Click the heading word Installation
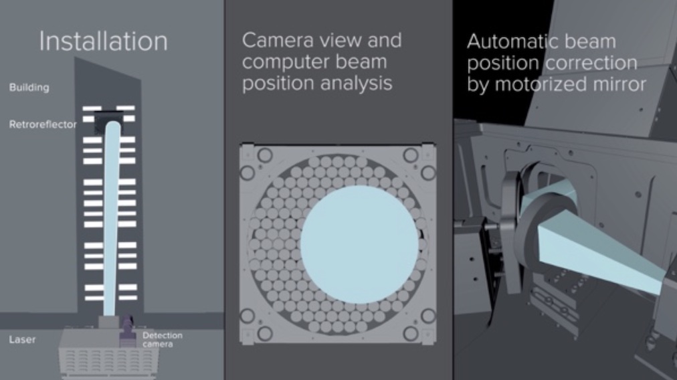click(x=103, y=41)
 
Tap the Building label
click(x=29, y=87)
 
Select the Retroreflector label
click(x=43, y=124)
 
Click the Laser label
click(x=22, y=339)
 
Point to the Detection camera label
click(x=163, y=339)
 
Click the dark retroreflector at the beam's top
click(x=108, y=121)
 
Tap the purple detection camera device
click(x=127, y=330)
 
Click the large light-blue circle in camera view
click(x=359, y=244)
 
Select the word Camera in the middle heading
click(x=278, y=40)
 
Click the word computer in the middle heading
click(x=286, y=62)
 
